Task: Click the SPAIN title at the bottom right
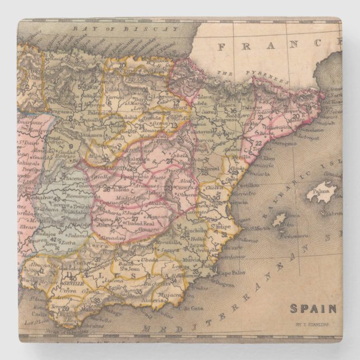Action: pyautogui.click(x=313, y=308)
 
